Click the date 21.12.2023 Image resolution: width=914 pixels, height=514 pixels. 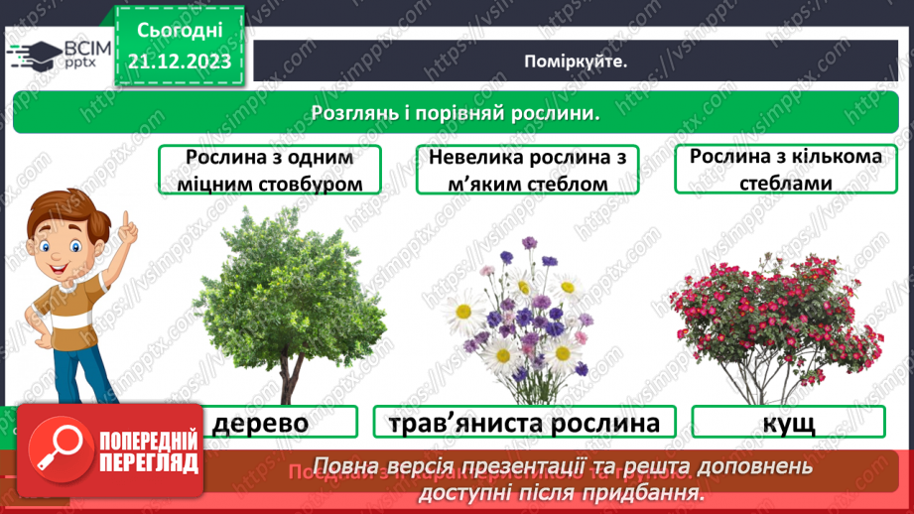[x=179, y=63]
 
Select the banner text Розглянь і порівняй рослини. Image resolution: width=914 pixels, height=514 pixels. [x=456, y=112]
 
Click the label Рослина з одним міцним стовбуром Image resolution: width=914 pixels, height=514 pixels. [x=270, y=170]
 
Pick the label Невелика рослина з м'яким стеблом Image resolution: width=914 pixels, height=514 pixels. [x=527, y=170]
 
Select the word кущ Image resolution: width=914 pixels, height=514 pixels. [x=790, y=424]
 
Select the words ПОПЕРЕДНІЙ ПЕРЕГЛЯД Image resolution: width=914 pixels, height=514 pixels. [x=145, y=451]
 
